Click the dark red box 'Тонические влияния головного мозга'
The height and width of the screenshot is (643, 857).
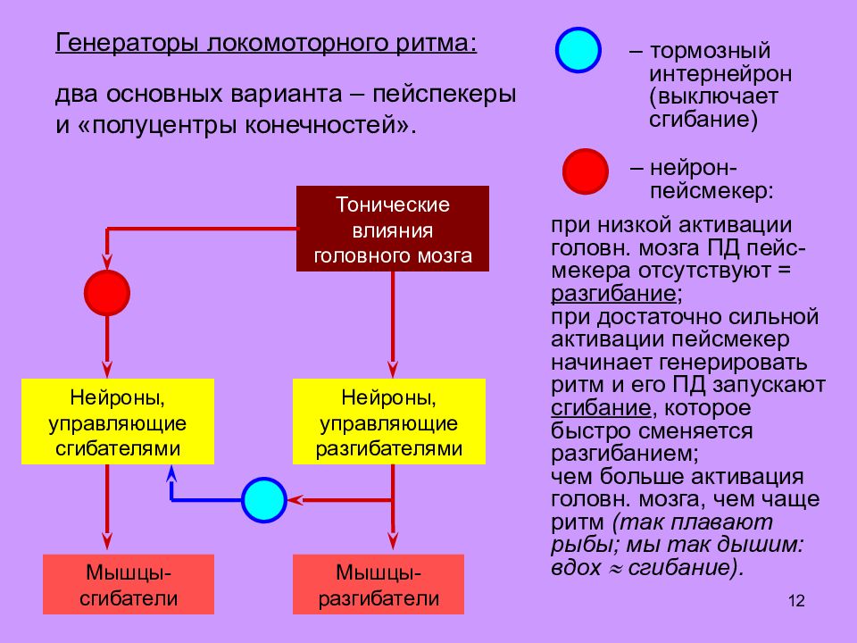click(393, 229)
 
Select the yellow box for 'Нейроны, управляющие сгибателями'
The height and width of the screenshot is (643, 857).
click(118, 422)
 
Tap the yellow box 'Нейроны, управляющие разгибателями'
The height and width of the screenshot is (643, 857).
click(389, 422)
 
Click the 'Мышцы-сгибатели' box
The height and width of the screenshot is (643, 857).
click(129, 584)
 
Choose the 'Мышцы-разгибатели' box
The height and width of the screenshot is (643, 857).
click(379, 584)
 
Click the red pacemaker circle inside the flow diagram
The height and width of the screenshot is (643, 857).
click(107, 293)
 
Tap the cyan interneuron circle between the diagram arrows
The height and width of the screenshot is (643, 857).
click(264, 500)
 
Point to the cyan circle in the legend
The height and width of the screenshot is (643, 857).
click(578, 50)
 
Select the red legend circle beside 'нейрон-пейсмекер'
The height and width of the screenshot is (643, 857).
click(586, 171)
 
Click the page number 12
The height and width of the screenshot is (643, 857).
click(796, 601)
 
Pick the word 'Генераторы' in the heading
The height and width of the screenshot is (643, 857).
click(126, 43)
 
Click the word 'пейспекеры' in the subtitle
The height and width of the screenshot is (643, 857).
click(445, 95)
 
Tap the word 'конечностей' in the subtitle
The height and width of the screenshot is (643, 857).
click(320, 125)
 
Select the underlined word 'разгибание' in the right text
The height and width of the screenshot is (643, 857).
click(613, 294)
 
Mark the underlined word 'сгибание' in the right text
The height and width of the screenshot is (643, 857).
click(601, 408)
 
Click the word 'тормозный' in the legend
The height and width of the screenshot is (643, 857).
click(710, 51)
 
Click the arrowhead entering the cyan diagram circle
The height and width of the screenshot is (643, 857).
click(295, 500)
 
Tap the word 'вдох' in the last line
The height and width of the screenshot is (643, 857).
click(577, 568)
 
